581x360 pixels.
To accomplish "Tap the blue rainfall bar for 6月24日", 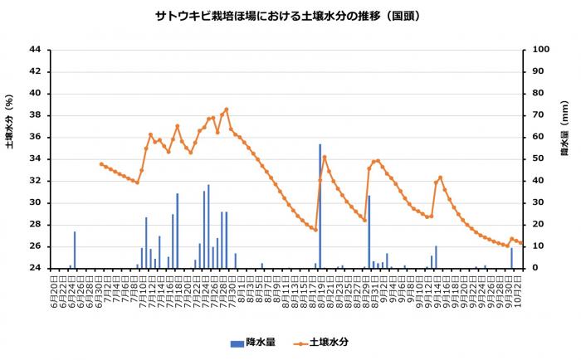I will point(74,250).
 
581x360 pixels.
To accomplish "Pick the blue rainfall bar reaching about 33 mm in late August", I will point(369,231).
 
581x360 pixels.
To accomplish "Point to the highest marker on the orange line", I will point(226,109).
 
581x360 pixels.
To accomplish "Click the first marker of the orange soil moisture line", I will point(101,164).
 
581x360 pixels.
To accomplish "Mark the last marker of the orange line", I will point(520,242).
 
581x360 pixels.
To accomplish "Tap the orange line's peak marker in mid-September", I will point(440,178).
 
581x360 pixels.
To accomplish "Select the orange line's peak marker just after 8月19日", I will point(325,157).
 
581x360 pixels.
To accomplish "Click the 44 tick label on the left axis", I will point(35,49).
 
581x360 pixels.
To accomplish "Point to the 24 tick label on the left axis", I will point(35,268).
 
